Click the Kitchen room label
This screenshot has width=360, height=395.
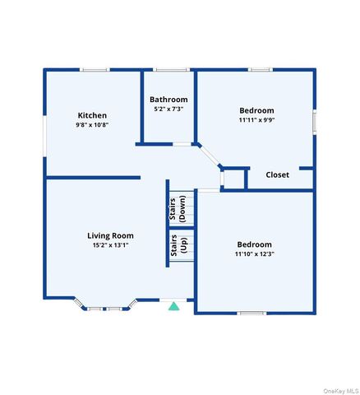coord(92,114)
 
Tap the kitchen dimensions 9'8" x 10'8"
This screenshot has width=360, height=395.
coord(92,125)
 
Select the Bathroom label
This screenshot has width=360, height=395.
coord(168,100)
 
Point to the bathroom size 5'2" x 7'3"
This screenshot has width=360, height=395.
coord(168,109)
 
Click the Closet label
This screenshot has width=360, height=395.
coord(277,174)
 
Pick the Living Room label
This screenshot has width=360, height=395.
coord(110,235)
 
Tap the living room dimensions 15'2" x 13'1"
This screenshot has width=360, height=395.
coord(110,244)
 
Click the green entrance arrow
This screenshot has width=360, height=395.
coord(173,306)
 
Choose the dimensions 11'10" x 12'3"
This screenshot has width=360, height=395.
coord(254,253)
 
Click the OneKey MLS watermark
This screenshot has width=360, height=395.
coord(341,390)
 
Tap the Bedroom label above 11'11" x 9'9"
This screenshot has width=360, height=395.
coord(256,110)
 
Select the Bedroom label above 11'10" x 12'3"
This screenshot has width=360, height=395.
coord(254,244)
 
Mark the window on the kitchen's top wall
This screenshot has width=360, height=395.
coord(95,70)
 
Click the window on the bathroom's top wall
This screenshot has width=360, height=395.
coord(168,70)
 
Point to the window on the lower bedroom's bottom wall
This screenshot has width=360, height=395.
coord(252,313)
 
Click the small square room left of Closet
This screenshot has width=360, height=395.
coord(234,179)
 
